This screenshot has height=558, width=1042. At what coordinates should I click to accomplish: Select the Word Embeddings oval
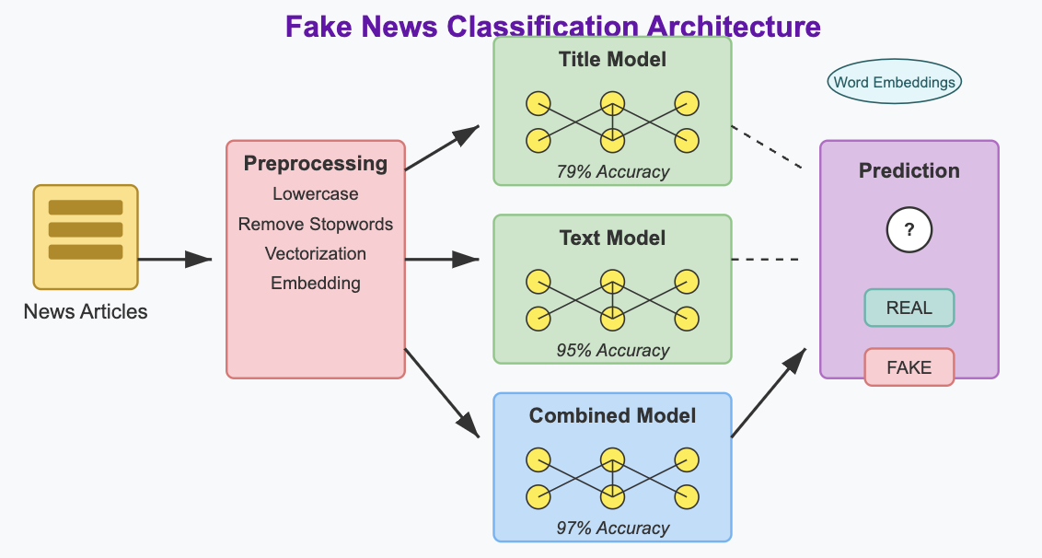tap(895, 82)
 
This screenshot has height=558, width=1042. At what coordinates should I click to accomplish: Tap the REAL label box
tap(909, 308)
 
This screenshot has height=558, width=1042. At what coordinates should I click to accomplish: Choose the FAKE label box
tap(909, 367)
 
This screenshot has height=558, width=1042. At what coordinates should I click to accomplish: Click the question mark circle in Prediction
tap(909, 230)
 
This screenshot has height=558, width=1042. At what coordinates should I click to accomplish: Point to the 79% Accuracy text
tap(612, 172)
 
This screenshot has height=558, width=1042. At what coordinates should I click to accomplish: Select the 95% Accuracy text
tap(612, 351)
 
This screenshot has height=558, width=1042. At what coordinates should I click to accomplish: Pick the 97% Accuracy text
tap(612, 529)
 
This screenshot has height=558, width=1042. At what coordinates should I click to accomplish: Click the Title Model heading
tap(612, 60)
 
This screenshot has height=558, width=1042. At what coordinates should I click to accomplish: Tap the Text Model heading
tap(612, 238)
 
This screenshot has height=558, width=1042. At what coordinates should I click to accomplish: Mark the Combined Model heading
tap(612, 416)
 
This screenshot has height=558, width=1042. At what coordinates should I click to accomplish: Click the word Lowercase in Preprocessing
tap(316, 194)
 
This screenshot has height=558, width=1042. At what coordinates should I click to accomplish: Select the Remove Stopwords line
tap(316, 225)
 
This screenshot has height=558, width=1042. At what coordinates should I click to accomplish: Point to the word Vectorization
tap(316, 254)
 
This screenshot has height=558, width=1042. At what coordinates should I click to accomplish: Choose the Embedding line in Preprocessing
tap(316, 284)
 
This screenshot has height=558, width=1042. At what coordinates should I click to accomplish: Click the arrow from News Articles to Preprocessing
tap(175, 260)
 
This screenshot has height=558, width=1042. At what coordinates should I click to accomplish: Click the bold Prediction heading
tap(909, 171)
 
